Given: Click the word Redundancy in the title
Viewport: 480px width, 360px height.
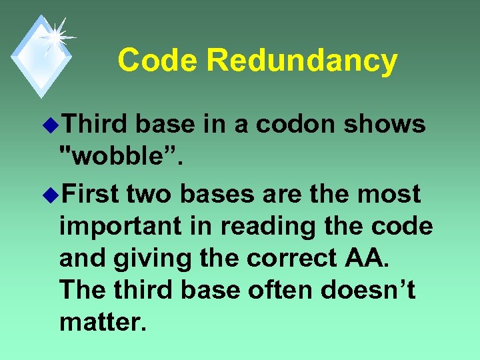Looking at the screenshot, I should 302,61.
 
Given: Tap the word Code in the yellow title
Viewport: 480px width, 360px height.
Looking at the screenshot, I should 158,60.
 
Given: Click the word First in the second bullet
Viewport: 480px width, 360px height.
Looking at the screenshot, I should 89,194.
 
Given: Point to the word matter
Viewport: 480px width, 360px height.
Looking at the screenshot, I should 100,323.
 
